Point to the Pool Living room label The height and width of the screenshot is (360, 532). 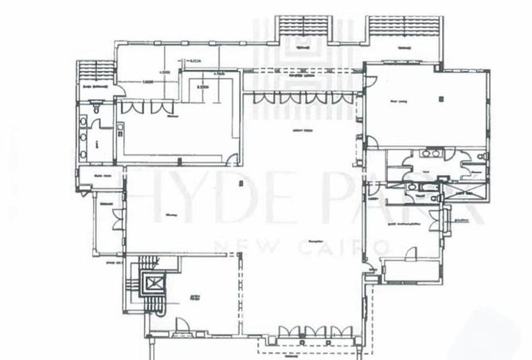point(398,101)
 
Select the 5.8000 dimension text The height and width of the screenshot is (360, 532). point(148,80)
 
